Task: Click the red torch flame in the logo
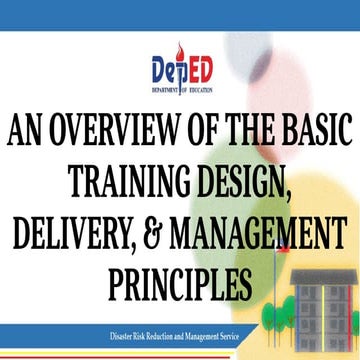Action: (x=179, y=50)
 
